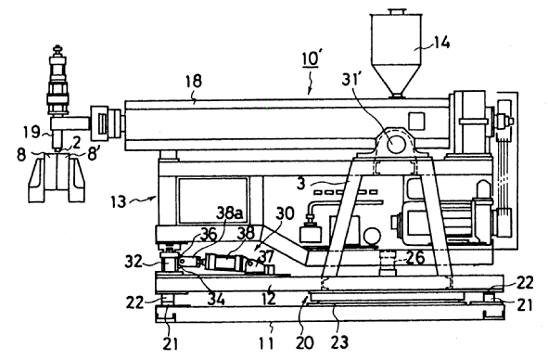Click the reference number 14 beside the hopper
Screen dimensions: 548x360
tap(441, 43)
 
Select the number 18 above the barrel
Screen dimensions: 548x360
tap(193, 81)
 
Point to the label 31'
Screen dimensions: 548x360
tap(350, 80)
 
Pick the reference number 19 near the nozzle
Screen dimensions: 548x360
tap(32, 133)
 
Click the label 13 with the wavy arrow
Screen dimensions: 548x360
tap(119, 202)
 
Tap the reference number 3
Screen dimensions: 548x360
tap(301, 184)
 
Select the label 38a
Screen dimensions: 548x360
tap(229, 212)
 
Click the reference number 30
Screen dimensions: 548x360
tap(286, 213)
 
